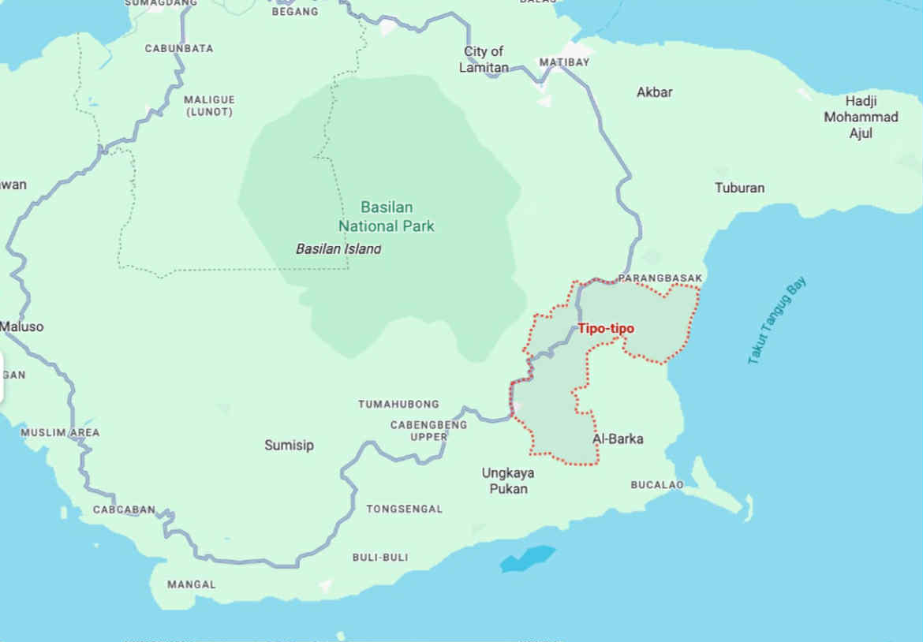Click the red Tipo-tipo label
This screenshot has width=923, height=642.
(x=606, y=329)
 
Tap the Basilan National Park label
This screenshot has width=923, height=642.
(x=387, y=217)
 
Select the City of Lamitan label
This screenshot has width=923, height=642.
(x=484, y=60)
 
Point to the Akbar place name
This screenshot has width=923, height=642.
(x=655, y=92)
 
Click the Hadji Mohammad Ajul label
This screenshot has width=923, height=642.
(x=861, y=117)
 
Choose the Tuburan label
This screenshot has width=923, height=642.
(x=739, y=188)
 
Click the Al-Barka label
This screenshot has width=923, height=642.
(x=618, y=439)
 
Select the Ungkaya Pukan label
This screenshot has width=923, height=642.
(x=508, y=481)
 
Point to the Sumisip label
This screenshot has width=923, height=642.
(x=289, y=446)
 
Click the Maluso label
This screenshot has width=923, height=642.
(x=22, y=327)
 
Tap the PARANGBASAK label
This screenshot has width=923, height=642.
(x=660, y=278)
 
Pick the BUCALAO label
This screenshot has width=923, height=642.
(x=656, y=485)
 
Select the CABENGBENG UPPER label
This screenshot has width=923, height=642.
(x=428, y=431)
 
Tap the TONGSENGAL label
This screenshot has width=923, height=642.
(x=404, y=509)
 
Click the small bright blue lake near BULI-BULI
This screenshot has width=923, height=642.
(x=528, y=558)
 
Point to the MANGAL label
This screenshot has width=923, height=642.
(x=191, y=585)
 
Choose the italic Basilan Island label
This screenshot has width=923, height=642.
(x=338, y=249)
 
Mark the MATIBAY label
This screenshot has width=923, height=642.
(x=564, y=62)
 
